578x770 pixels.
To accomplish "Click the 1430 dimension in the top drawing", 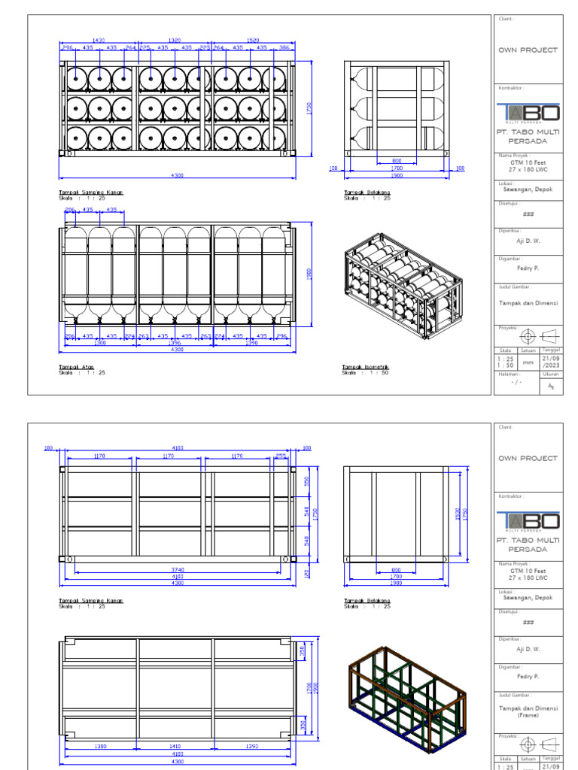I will click(99, 40).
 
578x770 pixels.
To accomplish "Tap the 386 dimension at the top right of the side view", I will click(283, 47).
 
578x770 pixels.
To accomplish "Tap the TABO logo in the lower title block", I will click(528, 521).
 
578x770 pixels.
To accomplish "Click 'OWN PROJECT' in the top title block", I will click(528, 50).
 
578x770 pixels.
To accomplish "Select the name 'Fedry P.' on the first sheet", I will click(528, 268).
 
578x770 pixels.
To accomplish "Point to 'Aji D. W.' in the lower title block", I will click(528, 649).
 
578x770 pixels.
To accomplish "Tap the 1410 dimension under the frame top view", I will click(175, 747).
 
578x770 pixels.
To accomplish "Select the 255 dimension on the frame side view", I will click(281, 456).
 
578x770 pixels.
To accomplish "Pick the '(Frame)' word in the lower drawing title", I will click(528, 716).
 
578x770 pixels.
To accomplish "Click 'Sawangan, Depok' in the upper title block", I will click(528, 189).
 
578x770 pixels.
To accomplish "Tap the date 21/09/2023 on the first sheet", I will click(551, 362).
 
